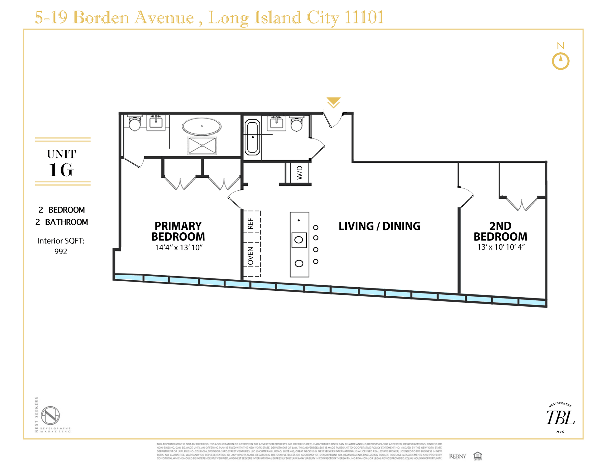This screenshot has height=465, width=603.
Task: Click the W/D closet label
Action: point(300,173)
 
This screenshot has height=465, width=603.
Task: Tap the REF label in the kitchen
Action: point(250,224)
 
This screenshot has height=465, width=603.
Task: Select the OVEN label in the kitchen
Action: point(250,256)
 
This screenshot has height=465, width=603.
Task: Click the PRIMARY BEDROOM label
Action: point(178,231)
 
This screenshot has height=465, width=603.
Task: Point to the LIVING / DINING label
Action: point(379,226)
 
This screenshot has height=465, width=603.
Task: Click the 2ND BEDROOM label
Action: point(500,231)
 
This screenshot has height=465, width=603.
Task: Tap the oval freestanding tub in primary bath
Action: point(202,127)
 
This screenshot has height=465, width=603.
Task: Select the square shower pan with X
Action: point(202,146)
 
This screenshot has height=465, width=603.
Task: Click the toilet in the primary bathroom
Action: point(135,124)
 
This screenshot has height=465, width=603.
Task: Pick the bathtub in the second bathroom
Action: point(253,137)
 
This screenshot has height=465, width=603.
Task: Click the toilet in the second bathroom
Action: point(296,124)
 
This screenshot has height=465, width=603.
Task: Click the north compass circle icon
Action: point(561,61)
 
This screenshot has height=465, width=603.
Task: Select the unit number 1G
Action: point(62,170)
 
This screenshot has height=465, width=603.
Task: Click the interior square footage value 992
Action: point(61,251)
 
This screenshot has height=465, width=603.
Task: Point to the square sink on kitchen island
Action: point(299,240)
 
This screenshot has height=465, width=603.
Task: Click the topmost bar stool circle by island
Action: point(316,227)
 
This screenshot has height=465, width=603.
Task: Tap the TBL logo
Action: point(561,418)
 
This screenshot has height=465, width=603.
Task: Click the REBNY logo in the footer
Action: point(457,456)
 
